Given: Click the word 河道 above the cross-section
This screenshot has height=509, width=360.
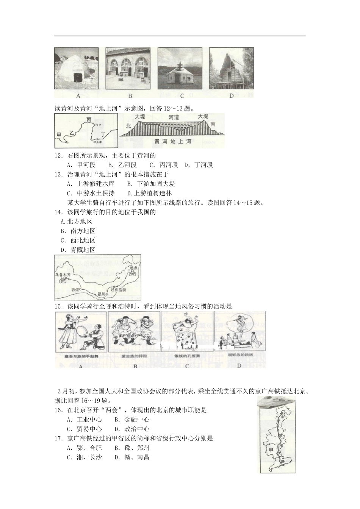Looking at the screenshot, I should pos(174,117).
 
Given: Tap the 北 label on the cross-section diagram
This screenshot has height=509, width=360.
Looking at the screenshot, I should pos(128,125).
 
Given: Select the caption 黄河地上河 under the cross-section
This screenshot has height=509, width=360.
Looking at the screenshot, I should pos(173,141).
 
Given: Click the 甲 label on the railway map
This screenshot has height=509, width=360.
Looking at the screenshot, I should pos(271,449).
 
